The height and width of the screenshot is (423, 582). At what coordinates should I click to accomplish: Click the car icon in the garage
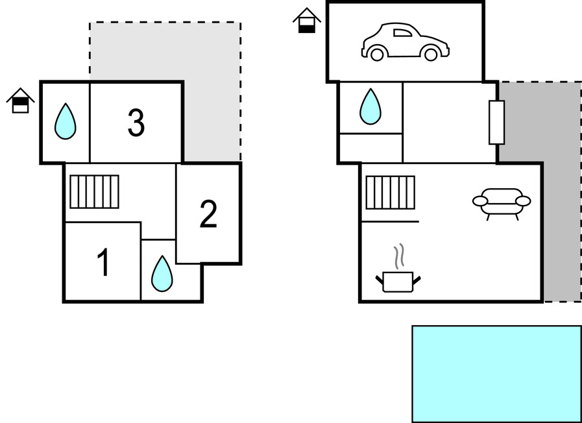pos(406,42)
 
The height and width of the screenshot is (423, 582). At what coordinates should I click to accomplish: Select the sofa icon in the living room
pos(501,202)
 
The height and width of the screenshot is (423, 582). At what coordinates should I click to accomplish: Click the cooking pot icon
pos(398,281)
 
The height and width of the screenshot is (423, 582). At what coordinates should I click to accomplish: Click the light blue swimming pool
pos(496,374)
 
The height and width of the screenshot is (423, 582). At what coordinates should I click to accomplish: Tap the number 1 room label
pos(103,263)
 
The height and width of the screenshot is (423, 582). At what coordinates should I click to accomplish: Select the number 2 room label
pos(208,215)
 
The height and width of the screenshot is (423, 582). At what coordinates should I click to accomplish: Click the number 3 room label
pos(136,123)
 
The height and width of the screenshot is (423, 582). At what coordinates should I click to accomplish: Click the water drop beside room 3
pos(65,121)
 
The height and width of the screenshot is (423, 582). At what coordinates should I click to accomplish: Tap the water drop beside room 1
pos(162,273)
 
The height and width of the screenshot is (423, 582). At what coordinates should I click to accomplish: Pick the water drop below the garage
pos(370,106)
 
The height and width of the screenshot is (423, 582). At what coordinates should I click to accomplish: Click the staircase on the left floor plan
pos(95,191)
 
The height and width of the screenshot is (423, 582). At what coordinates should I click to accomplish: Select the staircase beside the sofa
pos(390,192)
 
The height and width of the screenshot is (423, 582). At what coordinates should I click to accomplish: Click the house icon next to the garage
pos(307,20)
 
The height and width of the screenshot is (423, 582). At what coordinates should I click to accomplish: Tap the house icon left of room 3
pos(21,101)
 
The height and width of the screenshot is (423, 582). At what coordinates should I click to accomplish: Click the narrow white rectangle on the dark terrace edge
pos(496,123)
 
